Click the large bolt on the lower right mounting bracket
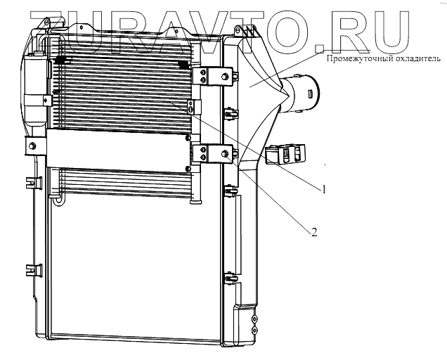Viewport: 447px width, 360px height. [224, 154]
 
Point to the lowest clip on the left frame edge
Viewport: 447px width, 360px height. [31, 268]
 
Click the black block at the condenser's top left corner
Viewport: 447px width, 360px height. [61, 61]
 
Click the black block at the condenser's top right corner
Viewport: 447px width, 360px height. [184, 64]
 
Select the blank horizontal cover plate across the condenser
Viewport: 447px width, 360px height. [116, 148]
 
